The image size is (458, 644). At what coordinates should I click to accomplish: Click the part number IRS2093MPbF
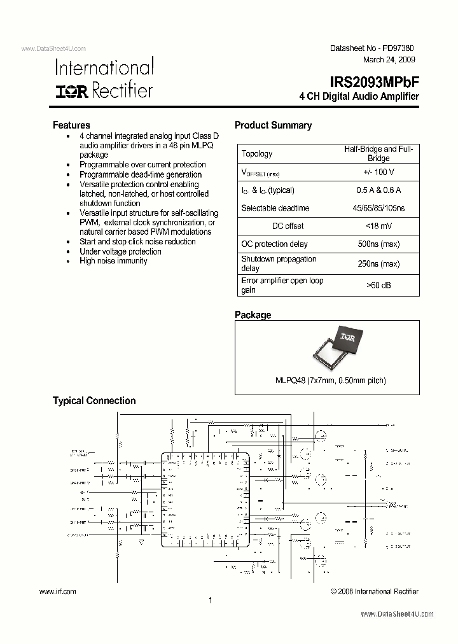(x=374, y=82)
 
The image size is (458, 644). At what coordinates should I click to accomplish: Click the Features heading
(x=71, y=125)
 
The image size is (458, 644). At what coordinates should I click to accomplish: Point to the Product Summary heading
(x=273, y=125)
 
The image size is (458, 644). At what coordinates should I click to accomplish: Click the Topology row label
(x=257, y=153)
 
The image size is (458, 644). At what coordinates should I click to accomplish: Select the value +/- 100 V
(x=378, y=172)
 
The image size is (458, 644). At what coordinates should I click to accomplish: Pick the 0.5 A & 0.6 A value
(x=378, y=190)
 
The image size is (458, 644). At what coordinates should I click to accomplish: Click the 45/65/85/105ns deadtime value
(x=378, y=208)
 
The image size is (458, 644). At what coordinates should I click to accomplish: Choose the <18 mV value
(x=378, y=226)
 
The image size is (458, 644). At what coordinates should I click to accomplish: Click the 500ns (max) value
(x=378, y=244)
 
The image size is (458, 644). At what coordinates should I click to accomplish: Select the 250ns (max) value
(x=378, y=263)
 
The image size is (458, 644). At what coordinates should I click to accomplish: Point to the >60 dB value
(x=378, y=285)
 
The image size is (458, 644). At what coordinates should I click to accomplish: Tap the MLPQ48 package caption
(x=330, y=381)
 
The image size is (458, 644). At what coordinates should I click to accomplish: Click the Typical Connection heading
(x=94, y=401)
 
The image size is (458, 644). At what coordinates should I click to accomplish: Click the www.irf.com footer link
(x=58, y=591)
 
